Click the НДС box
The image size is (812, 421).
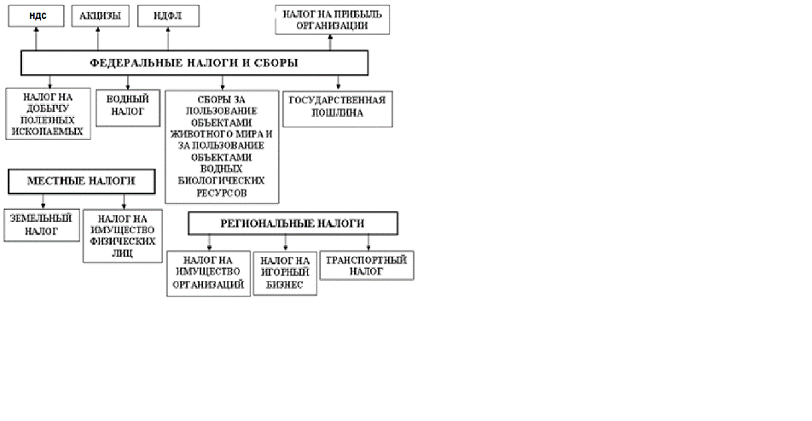point(38,15)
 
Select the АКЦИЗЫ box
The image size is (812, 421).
point(99,15)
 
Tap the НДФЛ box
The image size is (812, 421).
point(167,15)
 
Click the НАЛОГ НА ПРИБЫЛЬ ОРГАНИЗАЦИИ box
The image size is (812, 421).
point(333,20)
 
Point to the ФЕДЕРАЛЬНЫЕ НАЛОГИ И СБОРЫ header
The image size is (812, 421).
point(194,62)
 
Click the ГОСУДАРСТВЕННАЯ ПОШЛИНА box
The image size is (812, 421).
point(338,107)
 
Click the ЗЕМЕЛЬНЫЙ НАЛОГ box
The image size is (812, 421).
point(41,225)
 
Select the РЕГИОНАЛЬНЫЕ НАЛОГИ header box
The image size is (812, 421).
point(294,222)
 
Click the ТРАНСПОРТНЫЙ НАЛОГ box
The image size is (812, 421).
point(367,265)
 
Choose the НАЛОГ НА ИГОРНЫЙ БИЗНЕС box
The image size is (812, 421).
point(285,272)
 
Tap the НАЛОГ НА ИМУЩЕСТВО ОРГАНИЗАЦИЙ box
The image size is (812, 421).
point(209,272)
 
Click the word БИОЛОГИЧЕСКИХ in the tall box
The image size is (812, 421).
point(223,181)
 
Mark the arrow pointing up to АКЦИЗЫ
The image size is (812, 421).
point(98,39)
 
